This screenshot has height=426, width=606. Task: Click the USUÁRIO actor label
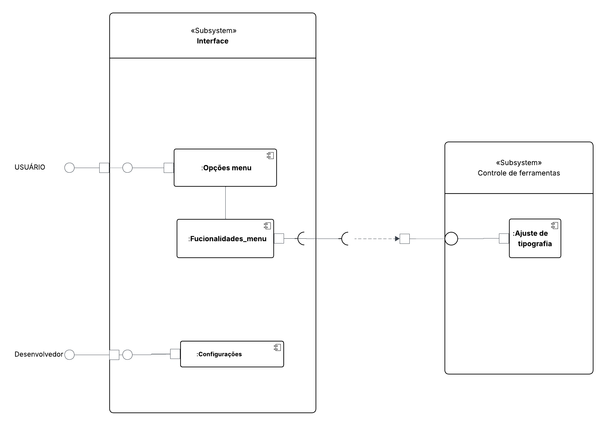click(x=30, y=167)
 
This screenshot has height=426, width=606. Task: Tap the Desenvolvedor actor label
click(x=39, y=354)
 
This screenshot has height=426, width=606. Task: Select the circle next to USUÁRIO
click(x=69, y=168)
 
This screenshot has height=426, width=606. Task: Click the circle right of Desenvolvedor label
click(x=69, y=355)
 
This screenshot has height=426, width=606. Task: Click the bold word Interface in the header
click(x=212, y=41)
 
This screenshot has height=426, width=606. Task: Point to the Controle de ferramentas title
click(x=519, y=173)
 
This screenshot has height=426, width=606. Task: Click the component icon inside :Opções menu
click(x=270, y=156)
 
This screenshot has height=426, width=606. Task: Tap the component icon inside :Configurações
click(x=277, y=348)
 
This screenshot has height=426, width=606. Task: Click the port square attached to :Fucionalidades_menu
click(x=279, y=239)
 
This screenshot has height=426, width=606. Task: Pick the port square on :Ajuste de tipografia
click(x=504, y=239)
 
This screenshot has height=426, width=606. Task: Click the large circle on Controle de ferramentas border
click(x=451, y=239)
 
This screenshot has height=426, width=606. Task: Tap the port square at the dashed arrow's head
click(x=405, y=239)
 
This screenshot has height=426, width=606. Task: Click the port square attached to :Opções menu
click(x=169, y=168)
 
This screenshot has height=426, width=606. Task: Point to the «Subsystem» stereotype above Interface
click(x=213, y=31)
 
